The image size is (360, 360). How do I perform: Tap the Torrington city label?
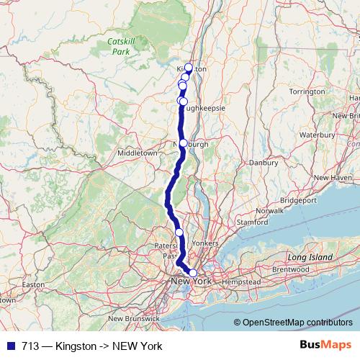(307, 92)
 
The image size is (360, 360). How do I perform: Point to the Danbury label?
(264, 163)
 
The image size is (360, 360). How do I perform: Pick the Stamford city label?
(251, 223)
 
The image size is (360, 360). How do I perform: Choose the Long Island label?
(311, 257)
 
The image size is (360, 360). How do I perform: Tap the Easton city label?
(34, 285)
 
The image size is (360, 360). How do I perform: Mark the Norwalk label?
(269, 211)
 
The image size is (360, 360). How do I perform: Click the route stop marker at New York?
(193, 273)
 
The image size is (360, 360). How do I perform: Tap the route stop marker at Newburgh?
(184, 143)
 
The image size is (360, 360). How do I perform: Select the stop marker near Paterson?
(179, 233)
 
